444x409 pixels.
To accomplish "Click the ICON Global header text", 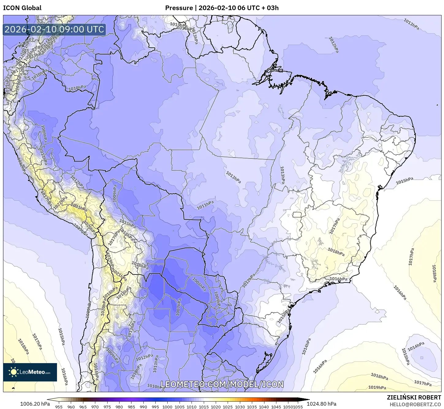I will click(x=22, y=8).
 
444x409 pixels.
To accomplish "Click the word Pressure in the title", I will click(x=179, y=8).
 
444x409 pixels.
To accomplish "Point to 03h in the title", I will click(x=273, y=8).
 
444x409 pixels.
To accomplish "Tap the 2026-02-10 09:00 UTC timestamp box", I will click(x=55, y=29).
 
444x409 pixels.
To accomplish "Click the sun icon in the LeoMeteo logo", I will click(x=13, y=372).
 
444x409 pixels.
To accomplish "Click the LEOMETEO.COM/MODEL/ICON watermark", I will click(x=222, y=384).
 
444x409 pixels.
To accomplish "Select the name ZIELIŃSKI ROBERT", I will click(x=414, y=397).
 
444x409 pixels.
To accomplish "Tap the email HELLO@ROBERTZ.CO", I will click(x=415, y=404).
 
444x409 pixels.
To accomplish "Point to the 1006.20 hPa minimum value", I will click(x=35, y=404).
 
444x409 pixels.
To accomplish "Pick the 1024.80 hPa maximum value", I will click(x=324, y=404).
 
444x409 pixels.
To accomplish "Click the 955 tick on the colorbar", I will click(x=59, y=407).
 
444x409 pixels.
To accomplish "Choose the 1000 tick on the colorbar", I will click(x=167, y=407).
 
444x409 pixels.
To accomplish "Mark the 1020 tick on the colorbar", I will click(x=216, y=407).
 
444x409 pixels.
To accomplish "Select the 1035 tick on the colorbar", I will click(x=252, y=407).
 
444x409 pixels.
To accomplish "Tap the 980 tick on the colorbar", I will click(x=119, y=407).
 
